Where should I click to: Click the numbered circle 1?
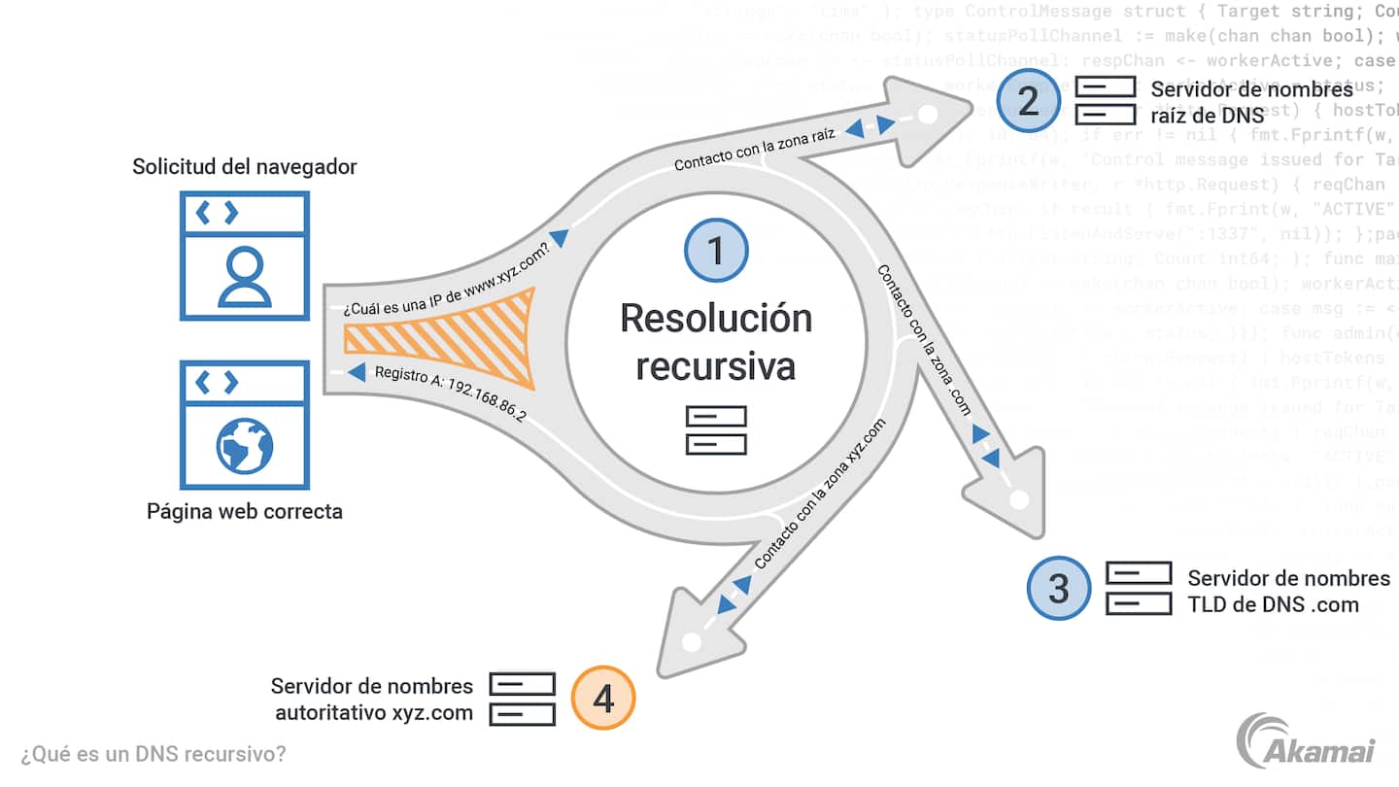pyautogui.click(x=716, y=251)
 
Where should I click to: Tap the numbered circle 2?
pyautogui.click(x=1028, y=100)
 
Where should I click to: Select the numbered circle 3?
pyautogui.click(x=1059, y=588)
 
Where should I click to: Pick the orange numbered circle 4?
pyautogui.click(x=603, y=699)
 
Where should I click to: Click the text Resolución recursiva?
pyautogui.click(x=716, y=342)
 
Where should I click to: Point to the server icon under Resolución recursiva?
pyautogui.click(x=716, y=430)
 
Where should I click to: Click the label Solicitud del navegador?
pyautogui.click(x=245, y=167)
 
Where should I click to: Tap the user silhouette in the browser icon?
pyautogui.click(x=244, y=277)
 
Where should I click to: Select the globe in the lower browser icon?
pyautogui.click(x=244, y=446)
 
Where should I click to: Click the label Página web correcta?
pyautogui.click(x=245, y=511)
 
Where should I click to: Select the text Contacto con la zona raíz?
pyautogui.click(x=755, y=150)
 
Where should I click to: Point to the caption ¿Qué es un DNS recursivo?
pyautogui.click(x=154, y=753)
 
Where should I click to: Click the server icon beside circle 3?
pyautogui.click(x=1139, y=589)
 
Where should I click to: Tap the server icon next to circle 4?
pyautogui.click(x=522, y=699)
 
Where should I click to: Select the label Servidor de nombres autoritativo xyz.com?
pyautogui.click(x=372, y=700)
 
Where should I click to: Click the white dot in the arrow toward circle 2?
pyautogui.click(x=928, y=115)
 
